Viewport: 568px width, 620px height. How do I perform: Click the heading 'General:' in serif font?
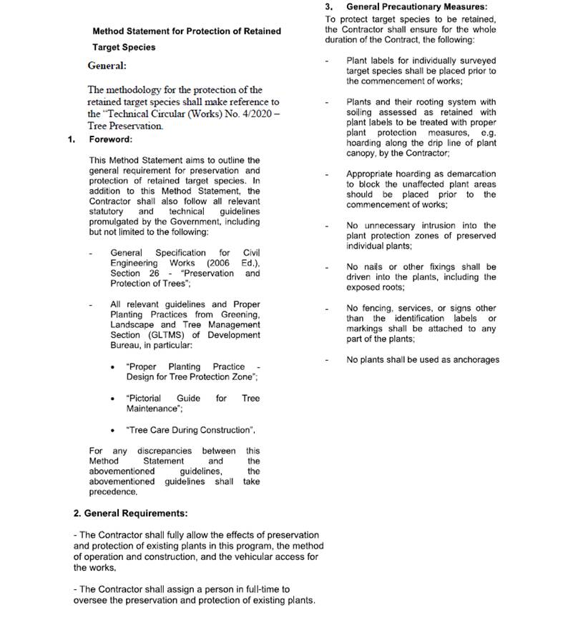click(107, 66)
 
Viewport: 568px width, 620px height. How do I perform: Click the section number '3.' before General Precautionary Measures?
click(330, 6)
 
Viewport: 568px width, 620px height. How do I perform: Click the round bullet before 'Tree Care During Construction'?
click(114, 430)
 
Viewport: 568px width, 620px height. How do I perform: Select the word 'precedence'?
click(112, 491)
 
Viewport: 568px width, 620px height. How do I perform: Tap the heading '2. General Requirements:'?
click(131, 514)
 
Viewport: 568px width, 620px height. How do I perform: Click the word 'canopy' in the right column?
click(362, 154)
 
